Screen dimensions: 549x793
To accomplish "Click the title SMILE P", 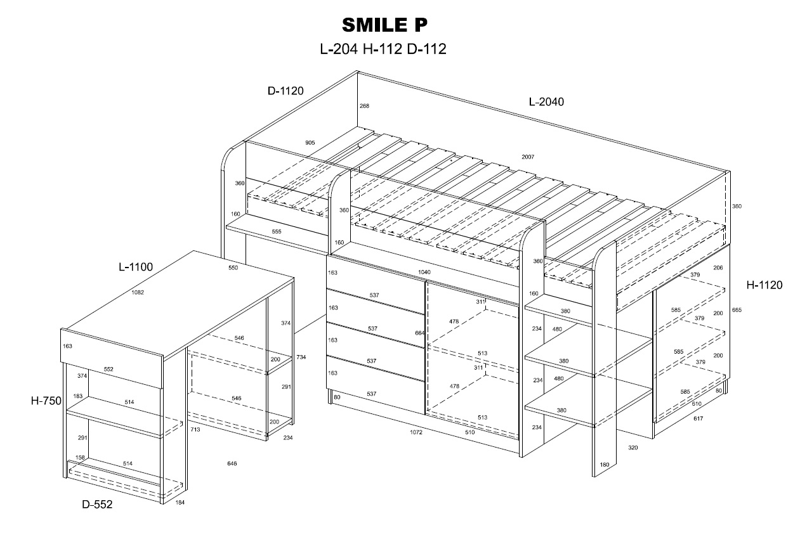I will click(385, 25).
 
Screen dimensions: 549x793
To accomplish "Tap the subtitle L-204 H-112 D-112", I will click(383, 49).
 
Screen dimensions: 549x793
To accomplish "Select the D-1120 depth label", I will click(285, 91).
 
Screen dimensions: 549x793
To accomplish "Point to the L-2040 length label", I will click(546, 101).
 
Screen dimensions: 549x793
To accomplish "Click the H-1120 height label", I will click(764, 285).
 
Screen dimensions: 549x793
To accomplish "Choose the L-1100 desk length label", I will click(136, 267).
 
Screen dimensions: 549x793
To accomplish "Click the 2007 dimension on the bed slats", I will click(528, 157).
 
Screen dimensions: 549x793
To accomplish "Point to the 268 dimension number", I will click(364, 106).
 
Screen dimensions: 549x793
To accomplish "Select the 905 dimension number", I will click(310, 143).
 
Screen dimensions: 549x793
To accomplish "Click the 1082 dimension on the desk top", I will click(137, 292).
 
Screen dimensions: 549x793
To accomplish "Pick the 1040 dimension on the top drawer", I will click(424, 272).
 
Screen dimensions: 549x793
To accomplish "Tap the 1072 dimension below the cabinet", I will click(416, 432).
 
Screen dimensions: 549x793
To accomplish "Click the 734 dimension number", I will click(301, 358).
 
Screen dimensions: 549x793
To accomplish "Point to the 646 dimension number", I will click(232, 463).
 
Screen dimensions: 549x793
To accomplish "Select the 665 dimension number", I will click(736, 310).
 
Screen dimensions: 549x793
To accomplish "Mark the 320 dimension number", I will click(633, 448).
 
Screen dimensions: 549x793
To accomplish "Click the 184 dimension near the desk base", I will click(180, 503).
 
